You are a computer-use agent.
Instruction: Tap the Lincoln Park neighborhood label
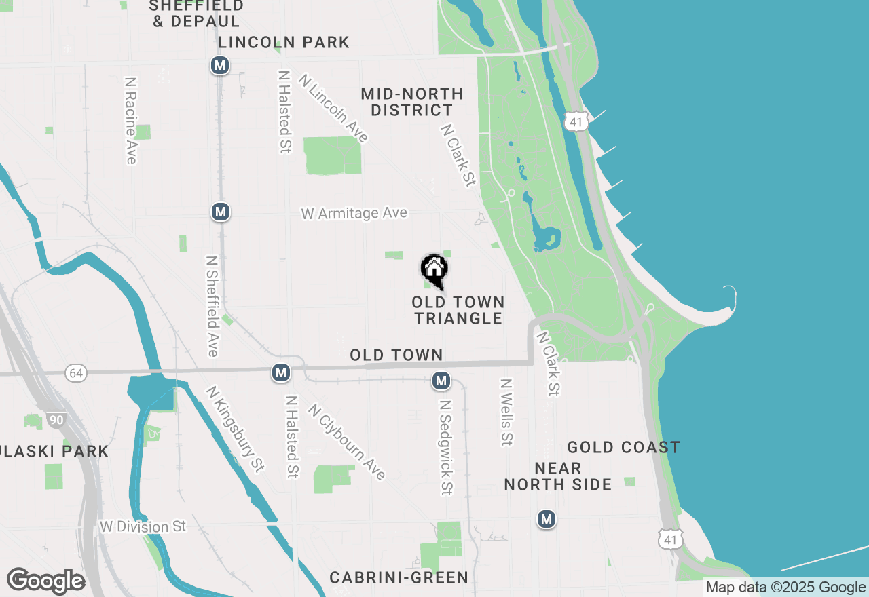coord(284,42)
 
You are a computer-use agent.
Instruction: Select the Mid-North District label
coord(412,102)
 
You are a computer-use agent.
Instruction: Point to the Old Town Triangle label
coord(458,310)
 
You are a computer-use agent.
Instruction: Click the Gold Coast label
coord(623,447)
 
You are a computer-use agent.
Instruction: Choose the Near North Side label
coord(558,476)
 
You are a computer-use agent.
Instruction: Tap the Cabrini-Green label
coord(399,577)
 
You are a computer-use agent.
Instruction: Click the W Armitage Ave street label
coord(354,214)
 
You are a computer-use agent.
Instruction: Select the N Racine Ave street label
coord(130,120)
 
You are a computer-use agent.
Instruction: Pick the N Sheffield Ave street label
coord(212,306)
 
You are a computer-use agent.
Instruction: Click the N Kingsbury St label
coord(235,429)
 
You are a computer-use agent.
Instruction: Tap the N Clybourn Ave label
coord(346,442)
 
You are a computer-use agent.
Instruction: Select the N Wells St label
coord(506,412)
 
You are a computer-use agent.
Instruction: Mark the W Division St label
coord(143,526)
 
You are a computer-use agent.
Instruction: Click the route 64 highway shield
coord(76,373)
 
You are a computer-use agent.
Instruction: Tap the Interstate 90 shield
coord(57,420)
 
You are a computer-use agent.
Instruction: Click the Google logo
coord(46,581)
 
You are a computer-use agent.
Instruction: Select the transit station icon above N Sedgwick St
coord(441,381)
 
